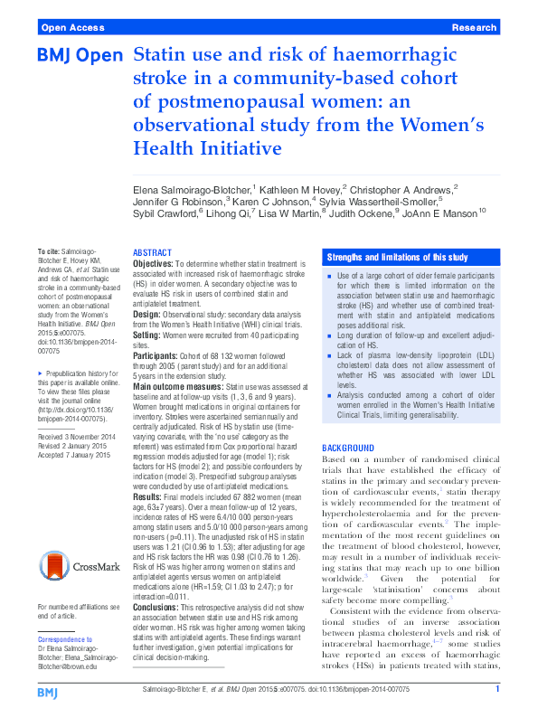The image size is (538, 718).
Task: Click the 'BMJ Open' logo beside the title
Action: point(80,56)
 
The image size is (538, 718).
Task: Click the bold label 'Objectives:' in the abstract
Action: point(158,264)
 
